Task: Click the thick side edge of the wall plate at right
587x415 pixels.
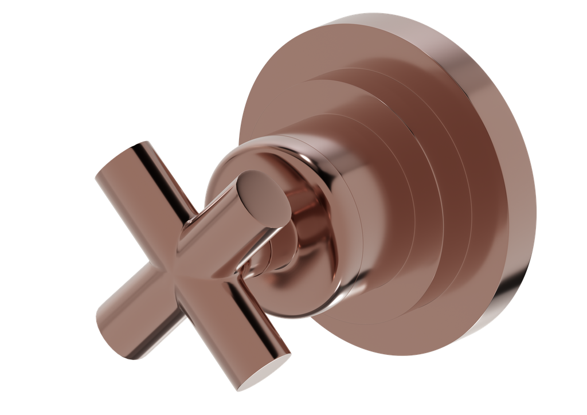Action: (x=516, y=172)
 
